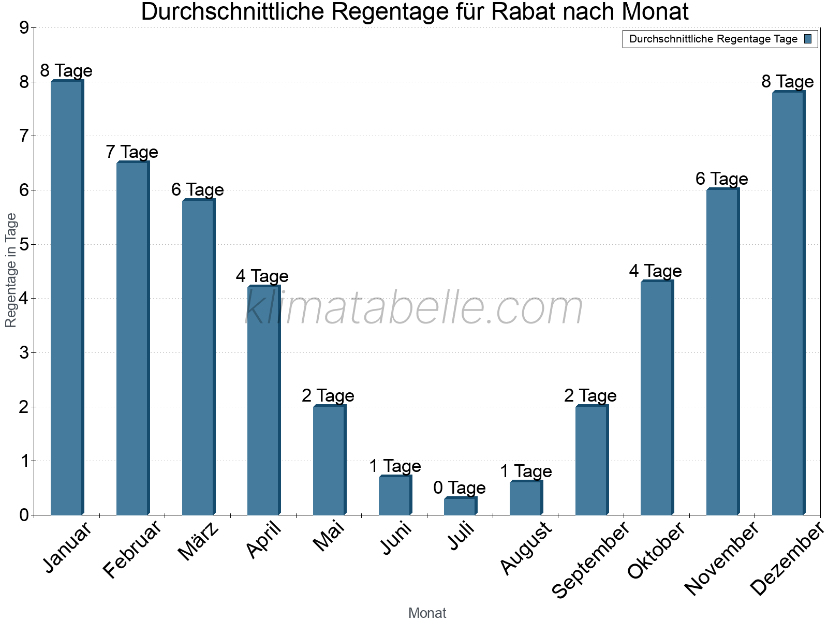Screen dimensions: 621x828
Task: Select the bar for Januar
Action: [67, 298]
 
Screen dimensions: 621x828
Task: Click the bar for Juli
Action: [460, 506]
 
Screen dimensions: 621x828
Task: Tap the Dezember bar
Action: [788, 303]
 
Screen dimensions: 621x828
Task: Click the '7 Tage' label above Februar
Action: [132, 152]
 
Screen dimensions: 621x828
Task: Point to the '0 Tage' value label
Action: [460, 487]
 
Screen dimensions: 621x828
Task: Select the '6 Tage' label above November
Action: [722, 179]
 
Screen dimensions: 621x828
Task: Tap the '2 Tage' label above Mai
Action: [328, 396]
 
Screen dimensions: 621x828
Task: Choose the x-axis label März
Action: [199, 542]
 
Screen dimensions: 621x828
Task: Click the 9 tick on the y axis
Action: [24, 28]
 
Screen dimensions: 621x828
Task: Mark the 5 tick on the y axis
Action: [24, 244]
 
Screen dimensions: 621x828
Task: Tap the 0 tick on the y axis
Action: [24, 515]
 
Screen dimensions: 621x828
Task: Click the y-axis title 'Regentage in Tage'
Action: [11, 270]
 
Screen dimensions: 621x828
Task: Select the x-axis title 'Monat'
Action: [427, 613]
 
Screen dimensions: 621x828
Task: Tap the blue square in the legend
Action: [808, 39]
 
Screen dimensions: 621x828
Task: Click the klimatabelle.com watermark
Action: [414, 308]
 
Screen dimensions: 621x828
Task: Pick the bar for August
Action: [526, 498]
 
